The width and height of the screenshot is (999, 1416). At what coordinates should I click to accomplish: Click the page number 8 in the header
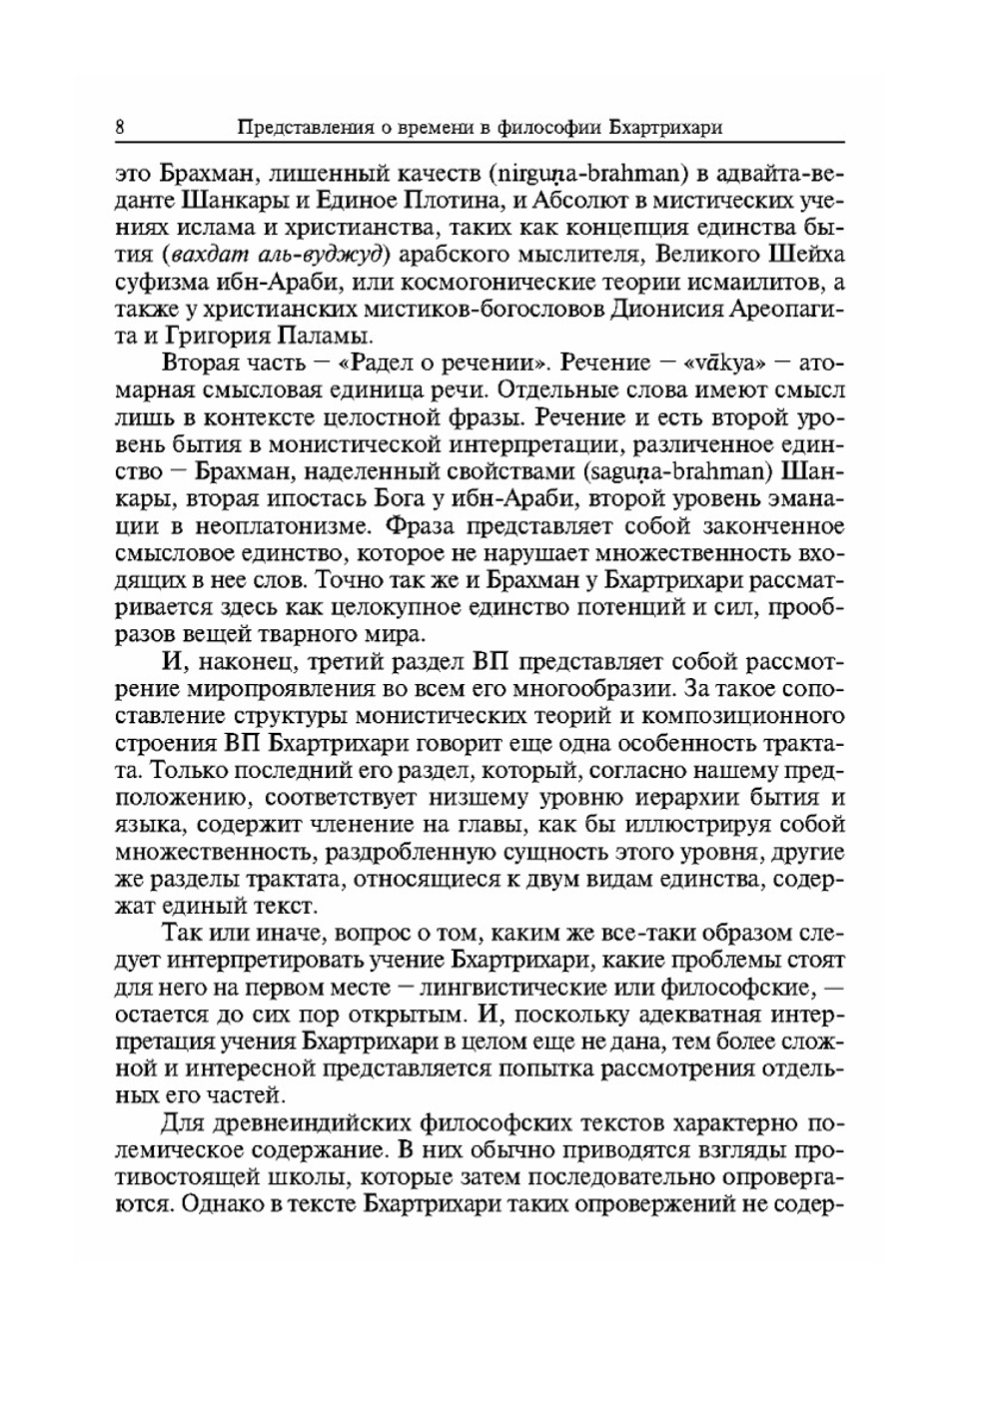tap(120, 129)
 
